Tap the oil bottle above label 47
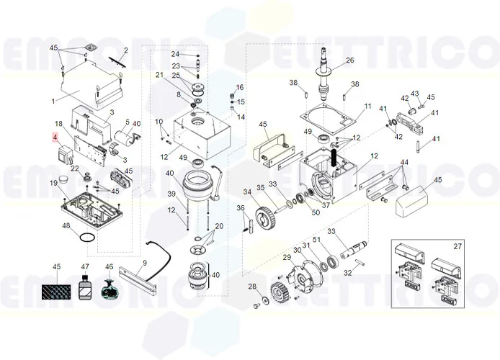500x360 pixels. (85, 289)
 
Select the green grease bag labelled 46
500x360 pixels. (110, 291)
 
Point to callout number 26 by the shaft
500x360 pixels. (350, 60)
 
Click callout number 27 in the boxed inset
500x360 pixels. (456, 247)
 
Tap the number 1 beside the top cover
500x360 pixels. (53, 102)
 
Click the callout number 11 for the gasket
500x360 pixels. (367, 107)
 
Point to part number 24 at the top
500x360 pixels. (175, 54)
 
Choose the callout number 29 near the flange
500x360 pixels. (286, 258)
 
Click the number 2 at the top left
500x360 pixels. (125, 50)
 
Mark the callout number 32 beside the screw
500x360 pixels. (347, 273)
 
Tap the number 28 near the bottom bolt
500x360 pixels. (252, 288)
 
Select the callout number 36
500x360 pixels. (241, 208)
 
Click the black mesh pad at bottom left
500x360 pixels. (57, 291)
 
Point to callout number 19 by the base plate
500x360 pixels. (53, 184)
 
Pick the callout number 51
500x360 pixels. (315, 240)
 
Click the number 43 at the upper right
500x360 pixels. (415, 94)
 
